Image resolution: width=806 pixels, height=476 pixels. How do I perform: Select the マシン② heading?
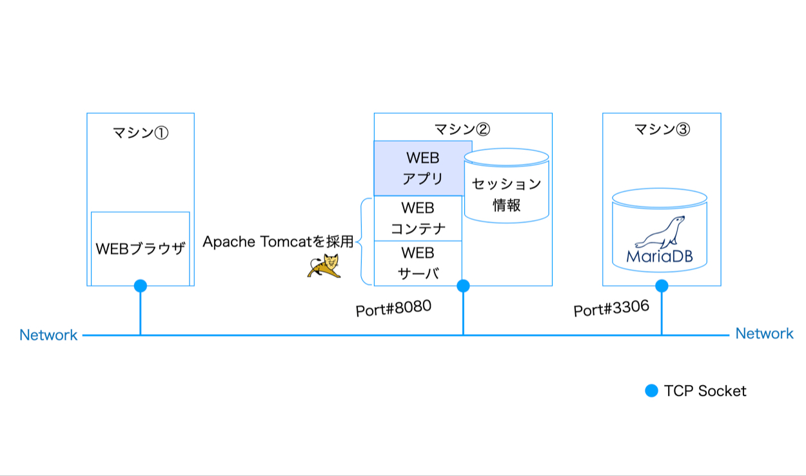coord(462,129)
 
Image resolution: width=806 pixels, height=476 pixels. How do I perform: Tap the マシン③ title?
coord(662,129)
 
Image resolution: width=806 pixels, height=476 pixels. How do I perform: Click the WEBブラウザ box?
coord(140,248)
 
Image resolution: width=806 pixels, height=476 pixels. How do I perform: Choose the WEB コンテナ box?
coord(418,219)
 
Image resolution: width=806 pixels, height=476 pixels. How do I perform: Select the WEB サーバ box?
coord(418,262)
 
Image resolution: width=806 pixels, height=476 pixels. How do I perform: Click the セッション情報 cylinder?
coord(507,194)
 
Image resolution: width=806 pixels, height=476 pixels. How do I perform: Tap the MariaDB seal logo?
coord(660,232)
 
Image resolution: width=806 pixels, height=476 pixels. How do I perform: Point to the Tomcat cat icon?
coord(324,266)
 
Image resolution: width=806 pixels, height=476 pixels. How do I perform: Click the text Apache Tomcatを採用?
coord(278,242)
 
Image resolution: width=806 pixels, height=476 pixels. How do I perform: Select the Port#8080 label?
coord(393,309)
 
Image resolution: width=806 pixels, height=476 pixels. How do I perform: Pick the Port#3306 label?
coord(611,309)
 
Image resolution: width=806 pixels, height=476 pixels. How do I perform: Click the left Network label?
coord(48,335)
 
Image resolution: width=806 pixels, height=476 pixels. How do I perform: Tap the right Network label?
coord(764,333)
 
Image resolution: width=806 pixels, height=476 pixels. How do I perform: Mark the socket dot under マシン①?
coord(140,286)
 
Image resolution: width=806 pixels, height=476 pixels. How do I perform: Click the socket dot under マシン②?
coord(463,286)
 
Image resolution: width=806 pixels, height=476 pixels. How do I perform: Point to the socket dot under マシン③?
coord(662,286)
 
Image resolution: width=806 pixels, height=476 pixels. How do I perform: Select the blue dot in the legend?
coord(652,391)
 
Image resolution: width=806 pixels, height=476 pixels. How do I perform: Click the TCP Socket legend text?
coord(705,391)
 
